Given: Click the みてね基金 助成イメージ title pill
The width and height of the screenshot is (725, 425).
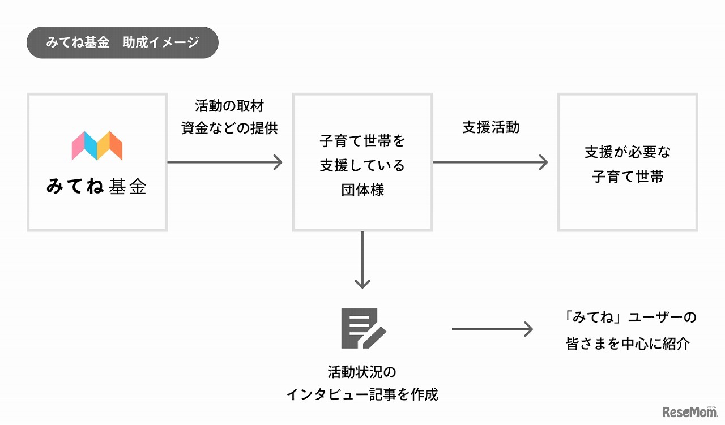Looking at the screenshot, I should tap(122, 42).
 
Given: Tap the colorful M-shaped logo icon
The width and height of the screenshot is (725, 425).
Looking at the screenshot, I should tap(97, 145).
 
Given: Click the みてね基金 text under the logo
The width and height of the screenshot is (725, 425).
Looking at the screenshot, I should tap(97, 187).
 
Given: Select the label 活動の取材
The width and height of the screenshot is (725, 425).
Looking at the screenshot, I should tap(229, 106).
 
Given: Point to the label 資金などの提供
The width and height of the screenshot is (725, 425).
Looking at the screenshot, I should tap(229, 128).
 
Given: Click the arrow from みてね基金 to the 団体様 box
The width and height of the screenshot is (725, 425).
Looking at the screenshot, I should tap(225, 162).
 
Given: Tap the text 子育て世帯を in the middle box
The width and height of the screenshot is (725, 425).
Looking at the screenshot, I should tap(362, 141).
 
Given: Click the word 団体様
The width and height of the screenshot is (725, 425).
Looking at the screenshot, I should tap(362, 190).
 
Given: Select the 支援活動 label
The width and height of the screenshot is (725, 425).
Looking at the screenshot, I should tap(491, 127).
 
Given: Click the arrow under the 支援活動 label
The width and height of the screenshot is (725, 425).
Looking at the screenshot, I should tap(491, 162).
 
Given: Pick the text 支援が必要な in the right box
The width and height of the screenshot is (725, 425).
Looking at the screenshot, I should tap(628, 152).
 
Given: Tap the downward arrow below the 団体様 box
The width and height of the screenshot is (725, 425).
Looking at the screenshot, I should tap(362, 260).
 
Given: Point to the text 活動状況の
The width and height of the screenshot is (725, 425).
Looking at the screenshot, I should tap(362, 372).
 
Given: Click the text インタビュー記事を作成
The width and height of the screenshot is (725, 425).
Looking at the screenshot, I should tap(362, 394).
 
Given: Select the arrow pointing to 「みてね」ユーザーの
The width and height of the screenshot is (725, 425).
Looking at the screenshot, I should tap(493, 329).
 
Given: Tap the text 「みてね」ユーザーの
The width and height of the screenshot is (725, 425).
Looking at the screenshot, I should tap(628, 317).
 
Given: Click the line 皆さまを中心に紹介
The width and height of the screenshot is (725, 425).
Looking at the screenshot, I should tap(628, 344).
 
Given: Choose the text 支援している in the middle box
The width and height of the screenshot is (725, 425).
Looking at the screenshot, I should tap(362, 165).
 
